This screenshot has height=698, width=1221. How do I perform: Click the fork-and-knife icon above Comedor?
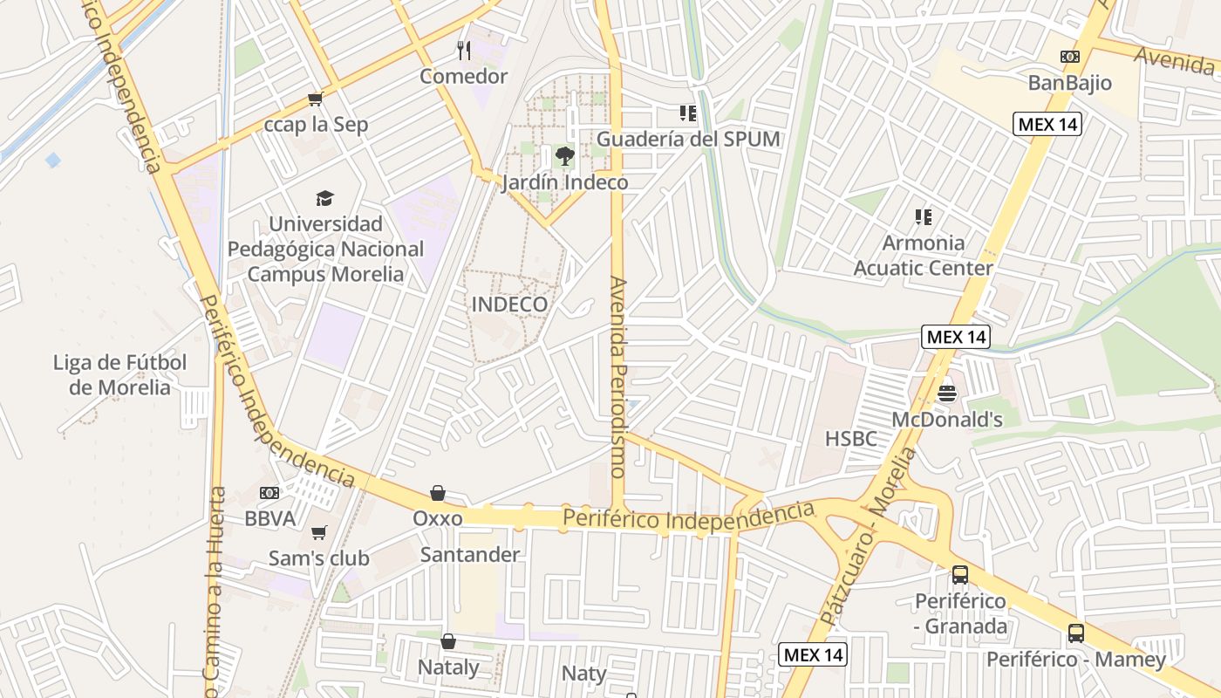(464, 51)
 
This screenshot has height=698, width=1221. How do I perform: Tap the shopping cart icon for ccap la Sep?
(315, 99)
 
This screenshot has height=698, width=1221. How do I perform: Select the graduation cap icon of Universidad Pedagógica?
(325, 198)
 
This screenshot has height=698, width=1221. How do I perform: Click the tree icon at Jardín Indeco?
(565, 157)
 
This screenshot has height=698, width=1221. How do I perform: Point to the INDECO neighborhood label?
(509, 305)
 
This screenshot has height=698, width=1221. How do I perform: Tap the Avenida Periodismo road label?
(618, 377)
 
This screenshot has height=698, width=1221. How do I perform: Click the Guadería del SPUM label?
(688, 139)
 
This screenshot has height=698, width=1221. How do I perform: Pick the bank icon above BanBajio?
(1070, 57)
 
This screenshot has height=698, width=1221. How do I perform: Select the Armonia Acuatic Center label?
(923, 256)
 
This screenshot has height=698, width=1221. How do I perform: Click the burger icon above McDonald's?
(947, 393)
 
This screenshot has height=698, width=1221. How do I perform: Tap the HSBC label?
(851, 439)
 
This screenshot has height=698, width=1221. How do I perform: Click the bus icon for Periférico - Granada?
(960, 575)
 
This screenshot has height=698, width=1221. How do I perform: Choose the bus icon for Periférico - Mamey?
(1076, 633)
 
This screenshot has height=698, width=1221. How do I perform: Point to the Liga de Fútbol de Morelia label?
(120, 374)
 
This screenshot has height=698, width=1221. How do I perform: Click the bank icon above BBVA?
(269, 493)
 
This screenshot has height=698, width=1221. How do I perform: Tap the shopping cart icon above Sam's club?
(319, 532)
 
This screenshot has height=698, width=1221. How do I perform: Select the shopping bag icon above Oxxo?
(438, 493)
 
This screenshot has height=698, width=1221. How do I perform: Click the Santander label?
(470, 555)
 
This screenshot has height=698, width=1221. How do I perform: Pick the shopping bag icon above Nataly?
(448, 642)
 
